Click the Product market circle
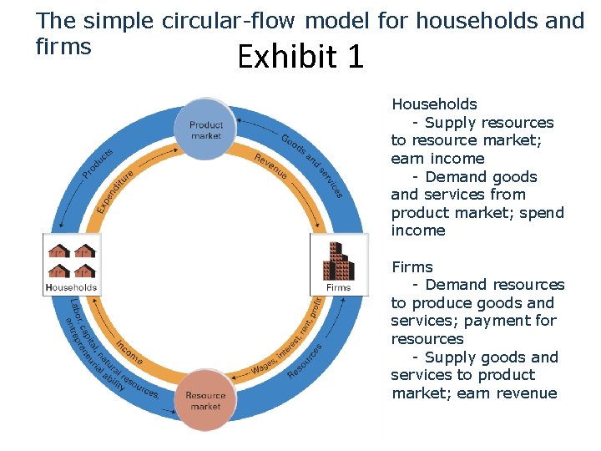pyautogui.click(x=206, y=129)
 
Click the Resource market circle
pyautogui.click(x=205, y=401)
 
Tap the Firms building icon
pyautogui.click(x=339, y=261)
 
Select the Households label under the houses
pyautogui.click(x=72, y=287)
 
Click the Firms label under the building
pyautogui.click(x=339, y=287)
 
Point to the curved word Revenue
pyautogui.click(x=270, y=166)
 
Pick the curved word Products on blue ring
pyautogui.click(x=98, y=162)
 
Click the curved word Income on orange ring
pyautogui.click(x=129, y=352)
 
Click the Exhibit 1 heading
pyautogui.click(x=300, y=57)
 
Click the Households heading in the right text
pyautogui.click(x=434, y=104)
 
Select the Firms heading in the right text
pyautogui.click(x=412, y=267)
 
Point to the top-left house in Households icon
pyautogui.click(x=59, y=250)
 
